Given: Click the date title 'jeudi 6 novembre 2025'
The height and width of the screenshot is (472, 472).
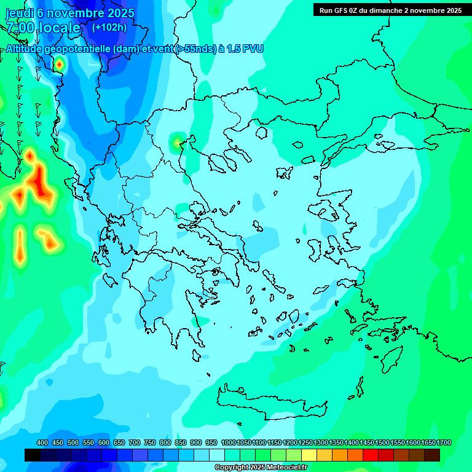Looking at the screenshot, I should tap(70, 13).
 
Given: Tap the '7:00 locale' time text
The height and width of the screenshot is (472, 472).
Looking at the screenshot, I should tap(43, 28).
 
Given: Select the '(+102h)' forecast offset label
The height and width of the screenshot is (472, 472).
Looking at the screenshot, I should tap(109, 27).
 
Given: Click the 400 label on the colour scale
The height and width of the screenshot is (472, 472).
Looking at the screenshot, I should tap(42, 442).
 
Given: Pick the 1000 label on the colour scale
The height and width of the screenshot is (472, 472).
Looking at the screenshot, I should tap(228, 442).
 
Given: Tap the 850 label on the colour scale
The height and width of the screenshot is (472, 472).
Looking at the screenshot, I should tap(181, 442).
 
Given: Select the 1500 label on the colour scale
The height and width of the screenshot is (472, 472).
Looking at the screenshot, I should tap(382, 442).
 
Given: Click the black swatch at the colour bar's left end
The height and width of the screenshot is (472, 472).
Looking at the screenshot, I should tap(33, 455).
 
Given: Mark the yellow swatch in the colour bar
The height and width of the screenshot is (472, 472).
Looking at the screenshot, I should tap(309, 455).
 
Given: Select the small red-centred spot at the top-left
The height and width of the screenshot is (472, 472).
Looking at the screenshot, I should tap(59, 63).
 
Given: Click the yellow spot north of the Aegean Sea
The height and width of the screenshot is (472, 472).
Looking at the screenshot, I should tap(178, 143).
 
